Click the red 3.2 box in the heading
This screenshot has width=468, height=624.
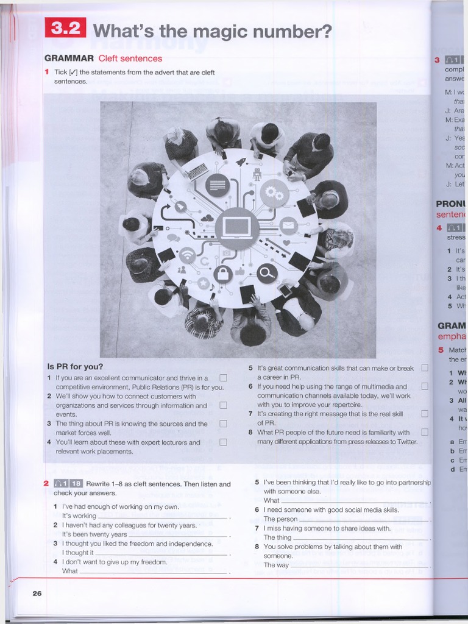(65, 29)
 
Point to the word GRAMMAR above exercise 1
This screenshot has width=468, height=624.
(69, 58)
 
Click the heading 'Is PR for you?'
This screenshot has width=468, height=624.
(75, 367)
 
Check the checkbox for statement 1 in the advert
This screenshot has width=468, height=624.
(223, 378)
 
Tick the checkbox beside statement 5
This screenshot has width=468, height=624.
(425, 368)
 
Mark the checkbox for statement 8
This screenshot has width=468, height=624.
(425, 432)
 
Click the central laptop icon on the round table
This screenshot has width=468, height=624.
(236, 229)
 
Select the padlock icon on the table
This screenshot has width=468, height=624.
(222, 274)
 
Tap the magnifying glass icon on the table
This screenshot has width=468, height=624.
(267, 272)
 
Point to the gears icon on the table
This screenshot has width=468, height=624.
(274, 193)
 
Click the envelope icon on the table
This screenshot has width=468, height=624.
(288, 225)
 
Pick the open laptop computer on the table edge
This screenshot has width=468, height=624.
(196, 171)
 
